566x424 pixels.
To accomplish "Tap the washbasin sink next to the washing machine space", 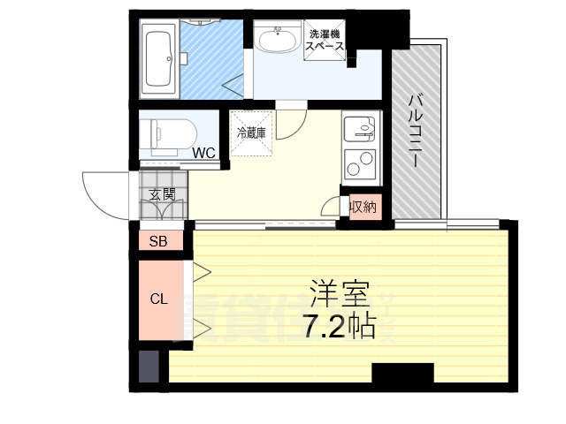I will tap(275, 41).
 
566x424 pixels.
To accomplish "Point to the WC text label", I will tap(204, 153).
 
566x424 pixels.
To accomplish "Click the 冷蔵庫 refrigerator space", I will tap(252, 132).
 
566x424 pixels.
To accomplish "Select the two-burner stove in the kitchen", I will tap(361, 164).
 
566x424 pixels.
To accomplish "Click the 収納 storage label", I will tap(363, 208).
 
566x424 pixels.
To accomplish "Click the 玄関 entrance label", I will tap(162, 194).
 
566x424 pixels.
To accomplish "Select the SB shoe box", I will tap(158, 241).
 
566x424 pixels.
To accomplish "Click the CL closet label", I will tap(158, 299).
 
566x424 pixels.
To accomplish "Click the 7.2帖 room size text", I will tap(339, 327).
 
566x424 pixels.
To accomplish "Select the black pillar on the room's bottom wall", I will tap(402, 374).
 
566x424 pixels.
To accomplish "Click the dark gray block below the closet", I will tap(147, 366).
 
